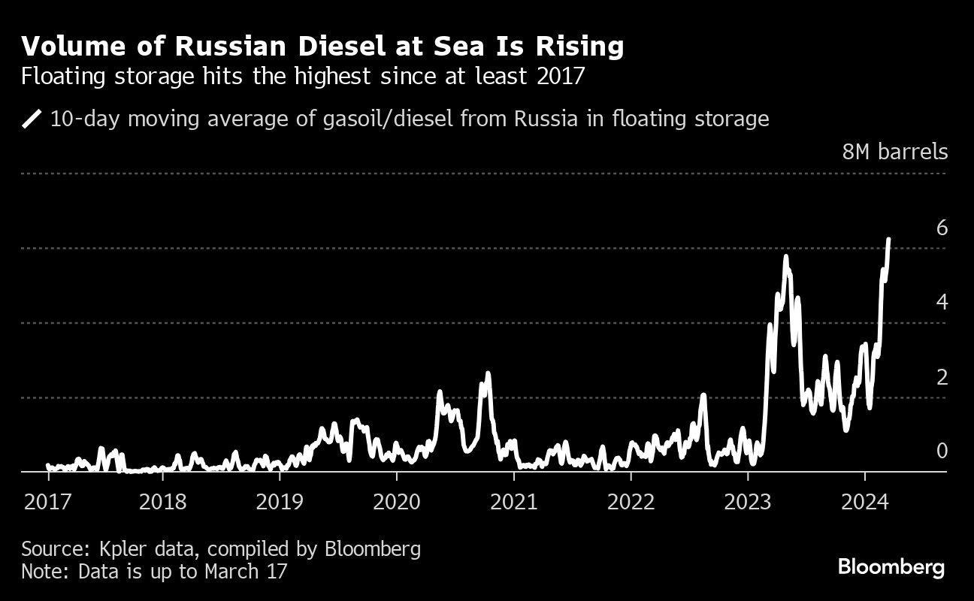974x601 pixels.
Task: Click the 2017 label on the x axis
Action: [x=48, y=501]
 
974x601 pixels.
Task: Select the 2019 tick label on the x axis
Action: [x=280, y=501]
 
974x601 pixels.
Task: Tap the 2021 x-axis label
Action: [x=514, y=501]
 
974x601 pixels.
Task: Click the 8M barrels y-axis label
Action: [x=895, y=152]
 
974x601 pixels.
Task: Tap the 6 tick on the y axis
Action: [x=942, y=228]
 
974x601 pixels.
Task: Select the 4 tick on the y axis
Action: [x=942, y=302]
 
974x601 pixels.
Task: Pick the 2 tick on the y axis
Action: [x=942, y=377]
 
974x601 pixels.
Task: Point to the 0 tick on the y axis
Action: [x=942, y=451]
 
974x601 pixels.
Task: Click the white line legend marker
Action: [x=32, y=119]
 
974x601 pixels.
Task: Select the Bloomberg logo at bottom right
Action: [x=891, y=566]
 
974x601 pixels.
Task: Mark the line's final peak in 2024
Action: [x=889, y=240]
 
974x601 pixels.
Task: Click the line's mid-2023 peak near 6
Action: [x=785, y=257]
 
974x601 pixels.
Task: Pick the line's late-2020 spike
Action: [x=488, y=373]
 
